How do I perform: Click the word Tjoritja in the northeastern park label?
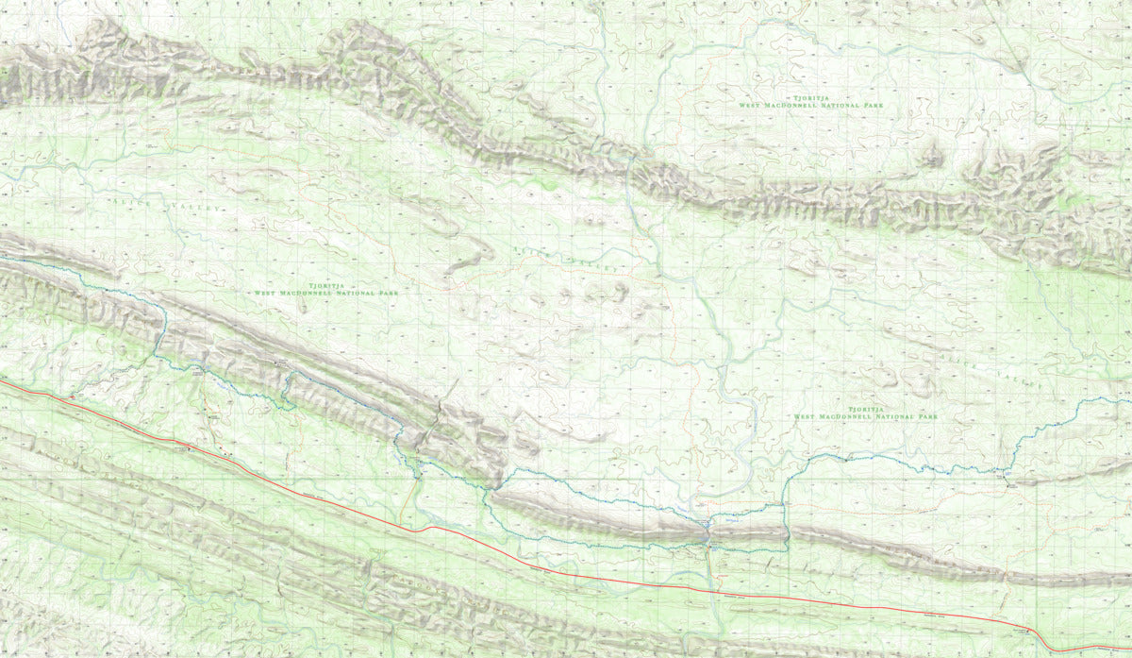pyautogui.click(x=800, y=96)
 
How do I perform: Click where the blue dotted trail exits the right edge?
pyautogui.click(x=1129, y=399)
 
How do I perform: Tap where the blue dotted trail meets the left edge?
pyautogui.click(x=2, y=257)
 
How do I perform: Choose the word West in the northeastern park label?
pyautogui.click(x=752, y=106)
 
